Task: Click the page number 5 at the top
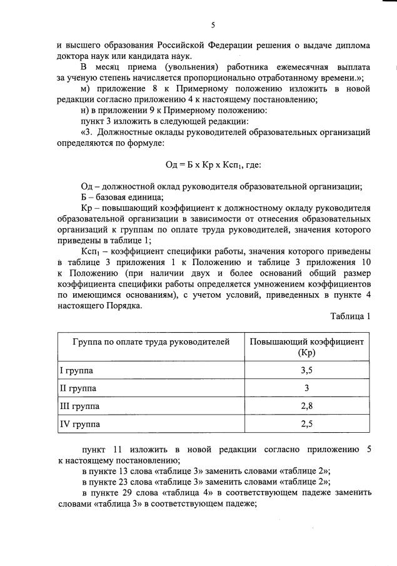pos(213,25)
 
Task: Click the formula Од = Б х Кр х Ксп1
pos(213,165)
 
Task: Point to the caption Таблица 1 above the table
pos(350,316)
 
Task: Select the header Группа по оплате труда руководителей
pos(151,342)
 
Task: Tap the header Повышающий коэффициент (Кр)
pos(306,347)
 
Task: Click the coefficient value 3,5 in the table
pos(306,370)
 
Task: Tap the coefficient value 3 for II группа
pos(306,388)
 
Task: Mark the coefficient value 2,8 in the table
pos(306,407)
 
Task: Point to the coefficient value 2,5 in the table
pos(306,425)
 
